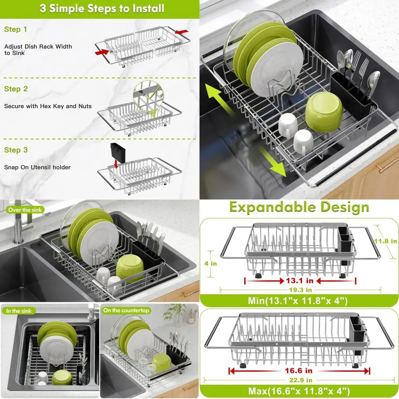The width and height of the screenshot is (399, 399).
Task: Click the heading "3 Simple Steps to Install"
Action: click(102, 9)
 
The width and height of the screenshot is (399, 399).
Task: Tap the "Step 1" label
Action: click(16, 29)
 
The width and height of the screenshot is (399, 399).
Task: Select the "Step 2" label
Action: click(16, 89)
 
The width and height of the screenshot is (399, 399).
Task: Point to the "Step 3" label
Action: click(16, 150)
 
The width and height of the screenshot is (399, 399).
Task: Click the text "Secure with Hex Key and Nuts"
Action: click(48, 106)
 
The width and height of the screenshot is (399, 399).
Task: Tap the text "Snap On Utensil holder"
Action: click(37, 167)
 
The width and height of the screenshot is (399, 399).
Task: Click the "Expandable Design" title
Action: click(299, 207)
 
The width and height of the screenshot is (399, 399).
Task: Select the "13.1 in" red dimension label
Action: click(300, 280)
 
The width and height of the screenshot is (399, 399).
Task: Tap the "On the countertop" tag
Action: click(126, 310)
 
